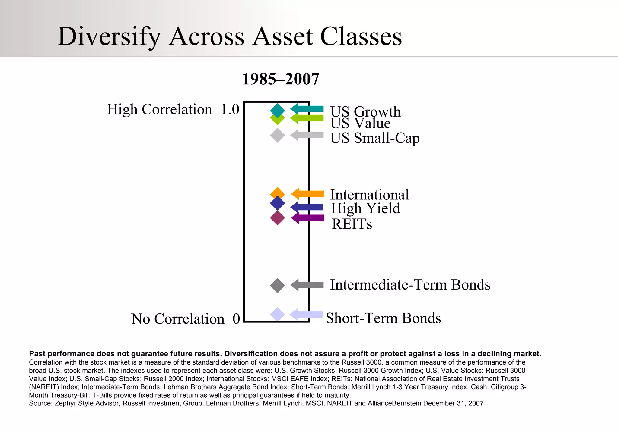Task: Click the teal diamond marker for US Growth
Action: pos(277,110)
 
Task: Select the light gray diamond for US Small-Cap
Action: pos(277,135)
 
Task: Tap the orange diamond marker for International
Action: pos(277,193)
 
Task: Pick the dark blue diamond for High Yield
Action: pos(277,203)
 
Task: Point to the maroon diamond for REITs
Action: pos(277,218)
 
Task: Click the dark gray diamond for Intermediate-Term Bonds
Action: pos(277,286)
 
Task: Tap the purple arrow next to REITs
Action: pos(307,218)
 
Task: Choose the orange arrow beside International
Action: pos(307,194)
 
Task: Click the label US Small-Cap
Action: pos(375,138)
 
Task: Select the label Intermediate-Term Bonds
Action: pos(410,285)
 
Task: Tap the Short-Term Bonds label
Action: pos(383,318)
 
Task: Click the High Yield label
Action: pos(365,208)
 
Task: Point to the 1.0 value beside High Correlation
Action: pos(230,109)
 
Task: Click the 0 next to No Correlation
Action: pos(236,319)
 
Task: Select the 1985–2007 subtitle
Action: pos(280,79)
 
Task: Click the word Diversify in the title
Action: pos(109,36)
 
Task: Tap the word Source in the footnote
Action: pos(40,403)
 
